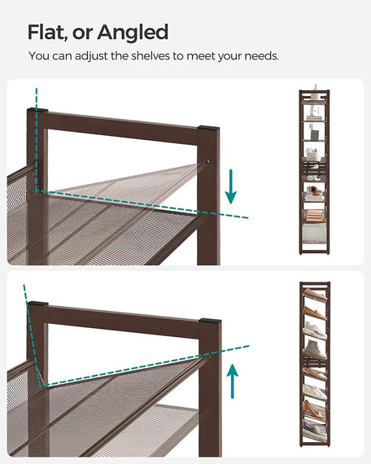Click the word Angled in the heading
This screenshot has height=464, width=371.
coord(133,33)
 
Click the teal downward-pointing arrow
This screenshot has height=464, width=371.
coord(231,186)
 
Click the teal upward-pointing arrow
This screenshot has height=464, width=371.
coord(233,381)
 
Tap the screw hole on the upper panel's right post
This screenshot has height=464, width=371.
coord(208,161)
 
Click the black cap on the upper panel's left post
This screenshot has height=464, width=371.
coord(37,110)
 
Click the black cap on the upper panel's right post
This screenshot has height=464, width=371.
coord(208,128)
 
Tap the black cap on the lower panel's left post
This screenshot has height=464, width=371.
coord(37,304)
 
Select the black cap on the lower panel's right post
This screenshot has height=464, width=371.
coord(210,321)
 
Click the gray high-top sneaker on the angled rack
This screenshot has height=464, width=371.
coord(314,349)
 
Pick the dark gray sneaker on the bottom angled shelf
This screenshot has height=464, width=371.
coord(315,428)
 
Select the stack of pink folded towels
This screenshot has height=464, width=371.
coord(315,215)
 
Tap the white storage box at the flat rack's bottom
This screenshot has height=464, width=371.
coord(314,233)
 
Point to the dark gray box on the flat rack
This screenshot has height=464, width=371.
coord(314,135)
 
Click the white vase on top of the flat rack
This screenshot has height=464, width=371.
coord(316,93)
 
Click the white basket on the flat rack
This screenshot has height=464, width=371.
coord(313,155)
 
